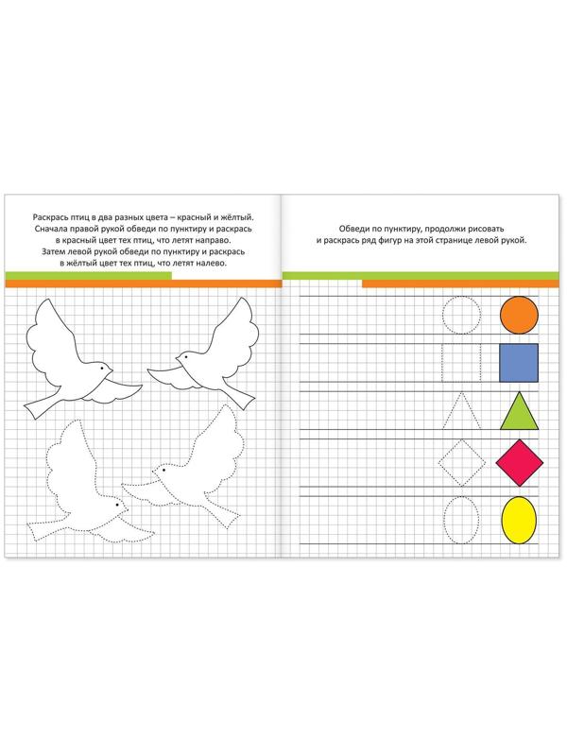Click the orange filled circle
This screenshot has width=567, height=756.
pyautogui.click(x=519, y=315)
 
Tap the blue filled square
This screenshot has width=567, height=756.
pyautogui.click(x=519, y=363)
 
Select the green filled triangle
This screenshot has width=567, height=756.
pyautogui.click(x=519, y=410)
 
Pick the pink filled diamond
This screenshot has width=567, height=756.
pyautogui.click(x=519, y=463)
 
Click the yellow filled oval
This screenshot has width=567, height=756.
pyautogui.click(x=519, y=521)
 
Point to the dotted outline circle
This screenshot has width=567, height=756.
pyautogui.click(x=443, y=315)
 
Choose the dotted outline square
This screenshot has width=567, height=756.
pyautogui.click(x=442, y=363)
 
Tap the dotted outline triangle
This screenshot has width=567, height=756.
pyautogui.click(x=453, y=410)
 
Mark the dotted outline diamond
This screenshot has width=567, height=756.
pyautogui.click(x=450, y=451)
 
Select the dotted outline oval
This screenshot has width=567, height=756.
pyautogui.click(x=444, y=521)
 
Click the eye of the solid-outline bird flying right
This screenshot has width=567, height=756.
pyautogui.click(x=102, y=368)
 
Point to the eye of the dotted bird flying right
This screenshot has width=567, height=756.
pyautogui.click(x=117, y=505)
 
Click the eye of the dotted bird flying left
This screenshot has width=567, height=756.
pyautogui.click(x=163, y=470)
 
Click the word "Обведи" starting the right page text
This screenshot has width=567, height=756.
pyautogui.click(x=352, y=229)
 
